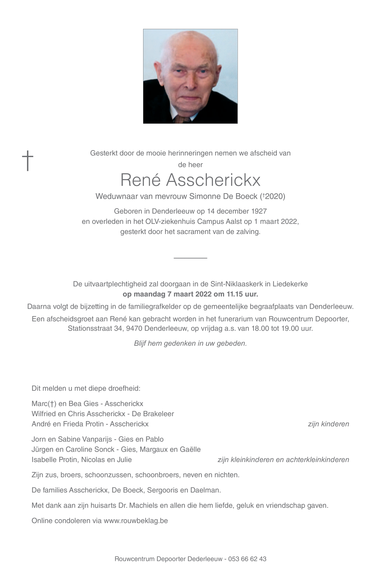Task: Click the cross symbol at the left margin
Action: (x=28, y=161)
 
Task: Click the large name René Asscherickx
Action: (x=190, y=180)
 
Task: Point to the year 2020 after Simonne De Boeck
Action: (x=275, y=197)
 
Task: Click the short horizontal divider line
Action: (x=190, y=258)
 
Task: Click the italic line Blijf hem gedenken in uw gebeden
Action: (x=190, y=343)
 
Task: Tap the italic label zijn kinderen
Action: (x=328, y=424)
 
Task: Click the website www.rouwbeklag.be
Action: (x=136, y=521)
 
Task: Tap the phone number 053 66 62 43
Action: (x=247, y=559)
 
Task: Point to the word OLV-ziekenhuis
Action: (x=171, y=221)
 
